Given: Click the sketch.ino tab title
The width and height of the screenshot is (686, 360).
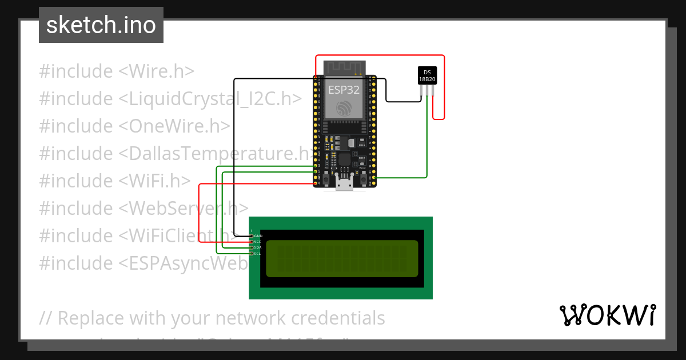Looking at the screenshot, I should pos(101,25).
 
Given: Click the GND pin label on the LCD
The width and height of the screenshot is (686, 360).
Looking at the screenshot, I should pos(258,235).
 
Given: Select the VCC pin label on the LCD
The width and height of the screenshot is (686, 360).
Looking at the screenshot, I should pos(258,242).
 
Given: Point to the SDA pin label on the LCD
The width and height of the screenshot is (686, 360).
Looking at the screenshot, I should pos(258,247).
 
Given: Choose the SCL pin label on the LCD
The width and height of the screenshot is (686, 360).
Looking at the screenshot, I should pos(258,253).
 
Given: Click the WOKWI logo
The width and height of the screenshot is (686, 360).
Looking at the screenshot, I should pos(607,315).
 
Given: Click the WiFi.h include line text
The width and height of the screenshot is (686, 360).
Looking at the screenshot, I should pos(114,181).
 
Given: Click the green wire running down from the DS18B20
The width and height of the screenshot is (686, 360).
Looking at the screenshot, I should pos(427,137).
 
